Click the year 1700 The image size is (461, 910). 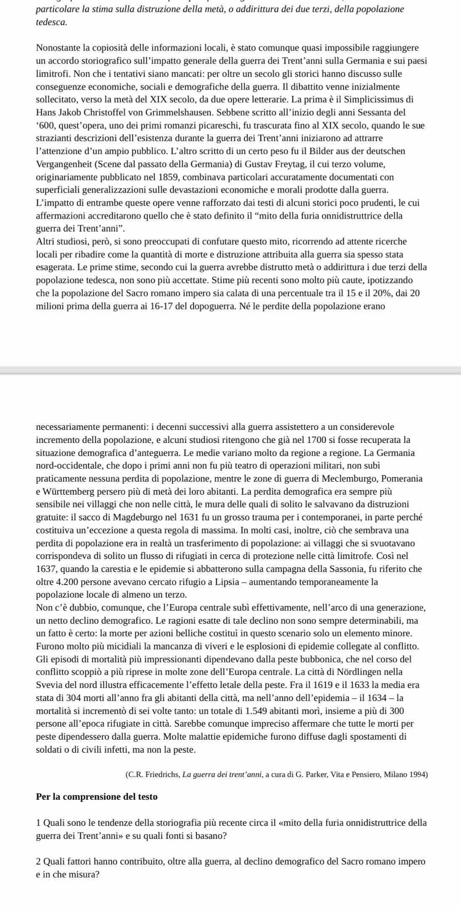pyautogui.click(x=306, y=440)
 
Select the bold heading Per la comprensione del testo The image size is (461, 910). pyautogui.click(x=97, y=797)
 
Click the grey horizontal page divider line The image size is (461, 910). pyautogui.click(x=230, y=370)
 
